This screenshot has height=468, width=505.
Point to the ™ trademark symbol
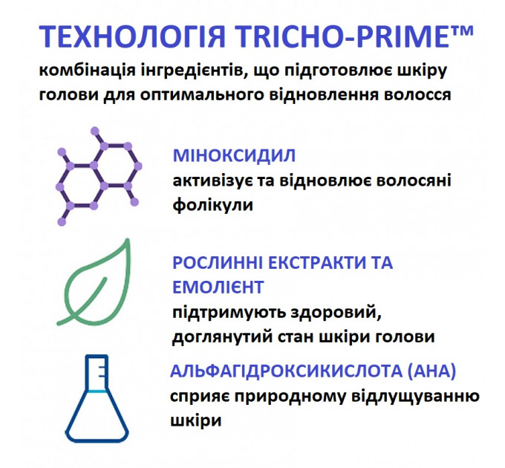pos(460,31)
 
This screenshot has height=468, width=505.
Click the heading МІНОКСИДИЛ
pos(234,155)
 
